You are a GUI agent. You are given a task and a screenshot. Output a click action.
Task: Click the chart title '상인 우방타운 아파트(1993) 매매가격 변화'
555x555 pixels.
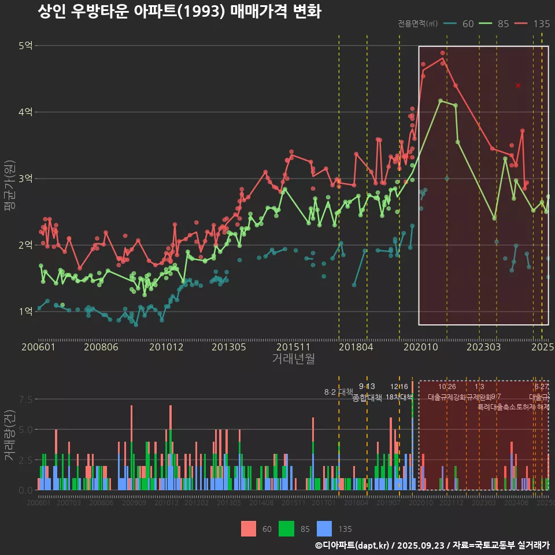pos(179,12)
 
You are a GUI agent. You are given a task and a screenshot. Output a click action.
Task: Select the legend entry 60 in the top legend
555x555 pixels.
pos(460,24)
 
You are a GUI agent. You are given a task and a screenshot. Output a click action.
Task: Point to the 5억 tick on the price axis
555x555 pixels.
pos(25,46)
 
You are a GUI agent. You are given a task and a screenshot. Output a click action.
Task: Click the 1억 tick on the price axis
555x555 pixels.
pos(25,312)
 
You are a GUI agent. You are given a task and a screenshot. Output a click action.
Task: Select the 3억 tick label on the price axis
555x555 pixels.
pos(25,179)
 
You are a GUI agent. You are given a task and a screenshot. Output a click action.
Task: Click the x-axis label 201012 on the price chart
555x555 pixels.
pos(166,347)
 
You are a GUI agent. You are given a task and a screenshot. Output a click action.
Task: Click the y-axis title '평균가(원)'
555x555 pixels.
pos(9,179)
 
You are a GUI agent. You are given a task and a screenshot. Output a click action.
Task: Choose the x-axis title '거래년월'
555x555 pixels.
pos(293,359)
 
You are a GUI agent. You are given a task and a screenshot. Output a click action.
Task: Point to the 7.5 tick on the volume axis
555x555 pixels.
pos(25,399)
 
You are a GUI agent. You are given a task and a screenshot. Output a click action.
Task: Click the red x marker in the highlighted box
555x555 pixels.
pos(518,86)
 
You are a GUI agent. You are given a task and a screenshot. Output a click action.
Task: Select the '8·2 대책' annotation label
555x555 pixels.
pos(338,392)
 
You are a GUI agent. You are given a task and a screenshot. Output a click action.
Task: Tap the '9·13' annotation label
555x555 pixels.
pos(367,386)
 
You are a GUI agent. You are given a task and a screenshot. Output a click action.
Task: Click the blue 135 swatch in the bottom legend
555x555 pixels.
pos(325,528)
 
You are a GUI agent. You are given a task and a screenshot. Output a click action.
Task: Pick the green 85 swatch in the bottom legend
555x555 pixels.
pos(287,528)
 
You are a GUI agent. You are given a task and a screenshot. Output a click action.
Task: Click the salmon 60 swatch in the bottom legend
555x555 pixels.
pos(249,528)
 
